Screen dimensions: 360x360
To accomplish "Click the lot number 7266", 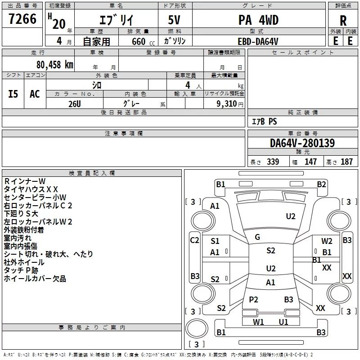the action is [22, 19].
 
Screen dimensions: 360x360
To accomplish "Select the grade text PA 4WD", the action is [258, 20].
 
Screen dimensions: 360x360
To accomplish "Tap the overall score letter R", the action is [343, 21].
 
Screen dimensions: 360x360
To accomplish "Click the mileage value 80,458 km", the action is [54, 65].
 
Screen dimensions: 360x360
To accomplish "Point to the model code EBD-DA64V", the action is [258, 41].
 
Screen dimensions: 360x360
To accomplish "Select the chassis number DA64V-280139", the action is [302, 143].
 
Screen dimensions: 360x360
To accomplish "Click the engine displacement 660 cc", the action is [143, 41].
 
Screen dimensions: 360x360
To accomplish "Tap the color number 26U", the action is [75, 104].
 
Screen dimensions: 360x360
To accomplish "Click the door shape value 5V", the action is [174, 20].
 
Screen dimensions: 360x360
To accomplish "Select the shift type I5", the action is [13, 94].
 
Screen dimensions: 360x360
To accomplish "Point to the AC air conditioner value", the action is [35, 94].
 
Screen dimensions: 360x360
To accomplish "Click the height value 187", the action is [346, 162].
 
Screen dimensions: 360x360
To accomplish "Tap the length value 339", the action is [273, 162].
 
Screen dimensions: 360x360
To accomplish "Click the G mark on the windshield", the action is [257, 237].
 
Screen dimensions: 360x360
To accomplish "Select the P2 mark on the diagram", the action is [253, 299].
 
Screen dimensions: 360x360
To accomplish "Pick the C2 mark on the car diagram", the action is [194, 240].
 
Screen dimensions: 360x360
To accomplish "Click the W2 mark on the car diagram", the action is [327, 241].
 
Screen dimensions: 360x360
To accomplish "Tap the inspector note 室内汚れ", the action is [18, 238].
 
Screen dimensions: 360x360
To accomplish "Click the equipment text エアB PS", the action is [265, 121].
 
